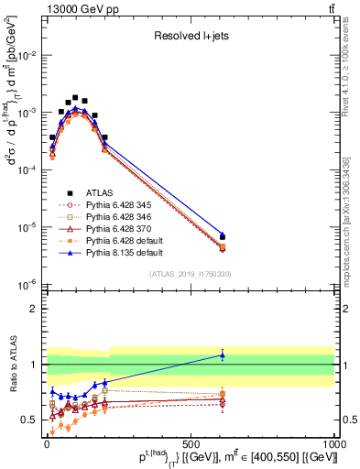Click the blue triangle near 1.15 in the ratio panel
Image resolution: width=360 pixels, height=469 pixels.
tap(222, 355)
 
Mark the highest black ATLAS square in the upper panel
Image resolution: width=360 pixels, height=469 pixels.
tap(75, 97)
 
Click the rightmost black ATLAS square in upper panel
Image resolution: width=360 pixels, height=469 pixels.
tap(222, 236)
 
